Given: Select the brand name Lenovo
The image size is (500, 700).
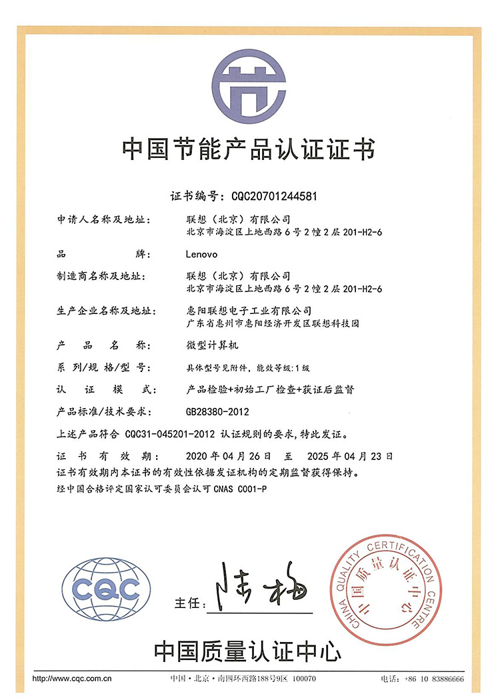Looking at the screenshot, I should pyautogui.click(x=203, y=254).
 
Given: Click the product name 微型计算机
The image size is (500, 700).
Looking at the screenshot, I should pyautogui.click(x=209, y=345).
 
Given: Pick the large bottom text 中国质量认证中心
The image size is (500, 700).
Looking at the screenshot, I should pyautogui.click(x=248, y=649).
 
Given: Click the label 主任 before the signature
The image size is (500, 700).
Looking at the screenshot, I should pyautogui.click(x=187, y=603).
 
